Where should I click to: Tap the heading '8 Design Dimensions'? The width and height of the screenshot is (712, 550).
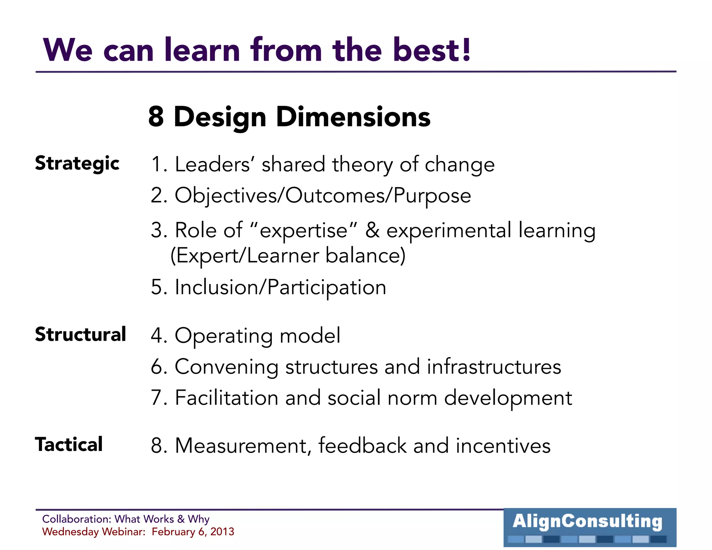tap(289, 117)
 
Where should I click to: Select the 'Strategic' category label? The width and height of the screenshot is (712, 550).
tap(77, 163)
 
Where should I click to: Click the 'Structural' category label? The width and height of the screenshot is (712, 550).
tap(80, 334)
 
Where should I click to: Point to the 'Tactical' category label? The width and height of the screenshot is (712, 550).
tap(69, 444)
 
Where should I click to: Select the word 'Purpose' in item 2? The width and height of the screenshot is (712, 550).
tap(432, 195)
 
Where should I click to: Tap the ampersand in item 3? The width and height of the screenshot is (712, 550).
tap(372, 230)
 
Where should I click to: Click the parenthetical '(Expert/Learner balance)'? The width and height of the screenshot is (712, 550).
tap(288, 256)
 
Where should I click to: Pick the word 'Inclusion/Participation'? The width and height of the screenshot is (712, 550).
tap(280, 287)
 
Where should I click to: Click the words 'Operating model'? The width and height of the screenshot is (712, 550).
tap(257, 336)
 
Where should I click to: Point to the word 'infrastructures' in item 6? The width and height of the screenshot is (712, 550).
tap(494, 367)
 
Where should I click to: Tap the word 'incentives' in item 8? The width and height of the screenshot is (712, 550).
tap(503, 446)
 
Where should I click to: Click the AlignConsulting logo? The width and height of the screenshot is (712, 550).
tap(590, 527)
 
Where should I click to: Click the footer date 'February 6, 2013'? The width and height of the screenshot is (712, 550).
tap(193, 532)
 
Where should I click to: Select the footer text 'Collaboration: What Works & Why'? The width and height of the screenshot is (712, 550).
tap(126, 519)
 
